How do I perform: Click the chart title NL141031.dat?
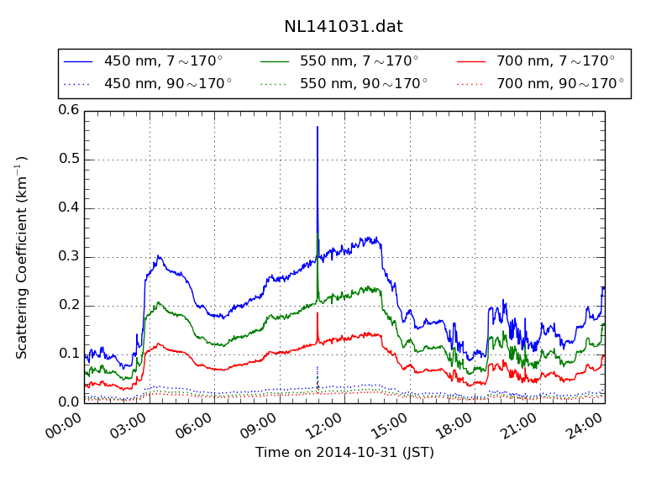[343, 27]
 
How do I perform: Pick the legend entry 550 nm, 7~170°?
[359, 61]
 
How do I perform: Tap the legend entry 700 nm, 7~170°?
[555, 61]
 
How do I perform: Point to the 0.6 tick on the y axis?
[69, 110]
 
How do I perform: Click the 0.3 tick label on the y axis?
[69, 257]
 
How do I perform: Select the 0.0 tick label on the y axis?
[69, 403]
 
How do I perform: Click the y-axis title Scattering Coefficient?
[23, 257]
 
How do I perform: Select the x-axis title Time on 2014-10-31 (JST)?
[344, 453]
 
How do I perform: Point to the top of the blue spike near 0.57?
[318, 127]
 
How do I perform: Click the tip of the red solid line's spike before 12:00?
[318, 313]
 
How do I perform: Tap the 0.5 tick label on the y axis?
[69, 160]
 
